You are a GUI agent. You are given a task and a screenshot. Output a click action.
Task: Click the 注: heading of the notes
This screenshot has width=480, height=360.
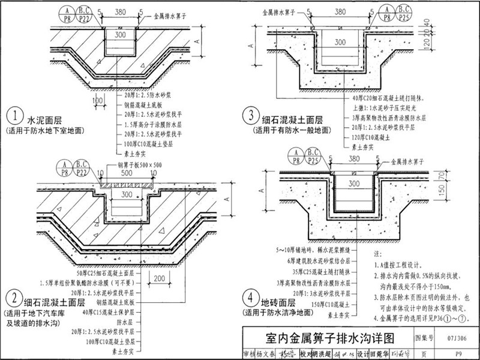click(x=376, y=254)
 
